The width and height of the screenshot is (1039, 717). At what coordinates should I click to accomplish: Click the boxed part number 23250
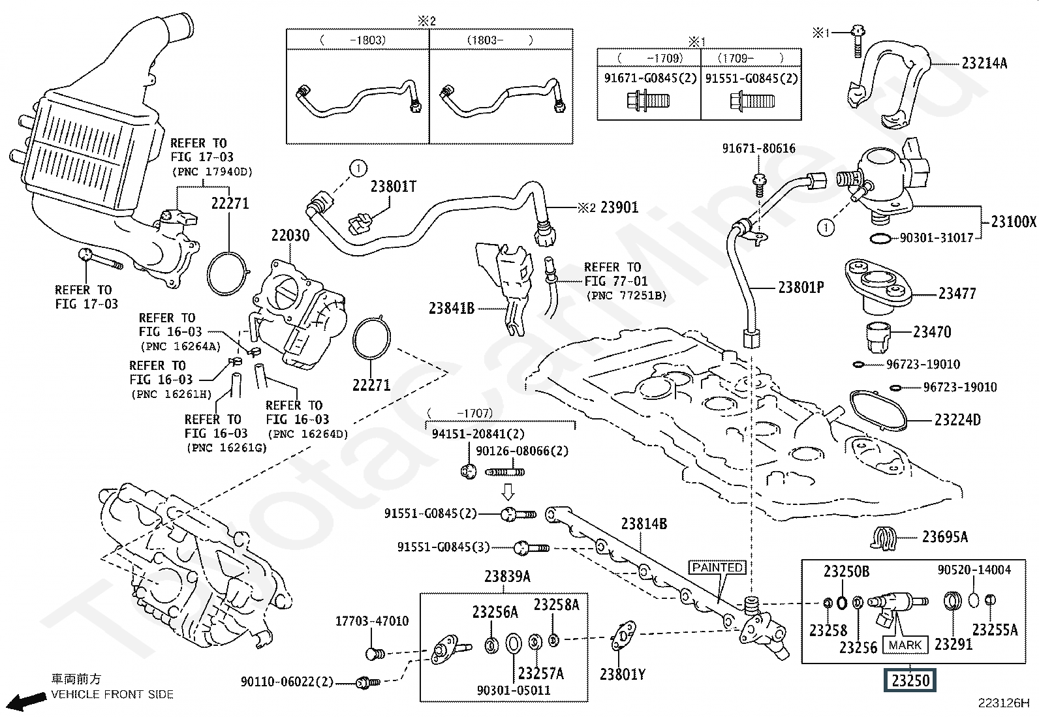click(x=910, y=681)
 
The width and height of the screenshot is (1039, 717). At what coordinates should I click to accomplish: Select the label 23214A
click(x=984, y=63)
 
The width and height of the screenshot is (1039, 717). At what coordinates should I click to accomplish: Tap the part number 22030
click(x=290, y=236)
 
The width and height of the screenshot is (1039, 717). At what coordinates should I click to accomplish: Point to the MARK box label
click(x=905, y=645)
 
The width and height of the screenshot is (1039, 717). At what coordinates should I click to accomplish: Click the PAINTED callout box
click(x=718, y=568)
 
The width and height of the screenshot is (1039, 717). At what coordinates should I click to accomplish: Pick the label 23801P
click(x=801, y=287)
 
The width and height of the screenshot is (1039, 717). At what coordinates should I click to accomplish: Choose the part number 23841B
click(x=452, y=308)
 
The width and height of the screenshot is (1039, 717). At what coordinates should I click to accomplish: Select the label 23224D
click(x=957, y=420)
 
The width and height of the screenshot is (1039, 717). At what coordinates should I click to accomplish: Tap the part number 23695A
click(x=944, y=537)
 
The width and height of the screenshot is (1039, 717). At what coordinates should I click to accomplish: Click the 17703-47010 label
click(x=372, y=621)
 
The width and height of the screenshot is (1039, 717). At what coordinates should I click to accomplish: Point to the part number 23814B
click(x=644, y=523)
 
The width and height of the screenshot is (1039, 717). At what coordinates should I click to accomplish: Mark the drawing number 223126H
click(x=1003, y=703)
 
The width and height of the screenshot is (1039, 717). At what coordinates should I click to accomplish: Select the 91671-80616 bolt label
click(x=758, y=149)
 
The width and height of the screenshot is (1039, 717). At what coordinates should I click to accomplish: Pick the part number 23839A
click(x=507, y=577)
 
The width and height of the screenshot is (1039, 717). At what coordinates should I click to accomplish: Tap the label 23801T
click(x=393, y=187)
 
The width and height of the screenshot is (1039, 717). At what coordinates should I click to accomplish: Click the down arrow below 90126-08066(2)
click(x=509, y=491)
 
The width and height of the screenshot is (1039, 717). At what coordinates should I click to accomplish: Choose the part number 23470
click(x=932, y=332)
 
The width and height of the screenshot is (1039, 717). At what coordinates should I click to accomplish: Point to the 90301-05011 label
click(x=513, y=690)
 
